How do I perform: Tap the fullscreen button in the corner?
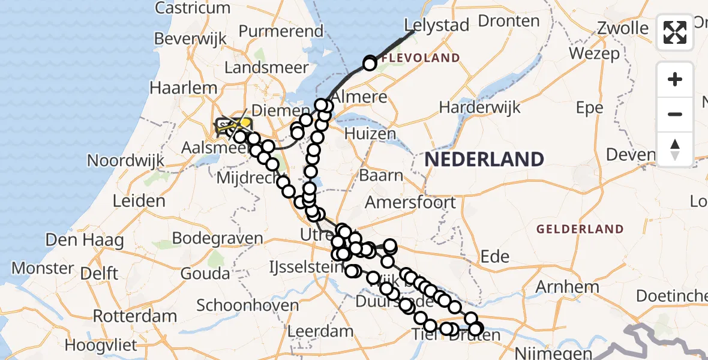click(x=675, y=32)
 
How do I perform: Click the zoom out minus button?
click(x=675, y=114)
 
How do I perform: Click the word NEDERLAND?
click(x=485, y=160)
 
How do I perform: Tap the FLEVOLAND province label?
click(x=421, y=58)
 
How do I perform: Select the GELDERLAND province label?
click(x=580, y=229)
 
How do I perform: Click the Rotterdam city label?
click(x=135, y=316)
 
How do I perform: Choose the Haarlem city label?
click(x=183, y=88)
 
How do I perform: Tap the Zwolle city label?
click(x=623, y=28)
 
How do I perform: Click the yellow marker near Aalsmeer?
click(x=245, y=123)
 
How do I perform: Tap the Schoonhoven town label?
click(x=247, y=305)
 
